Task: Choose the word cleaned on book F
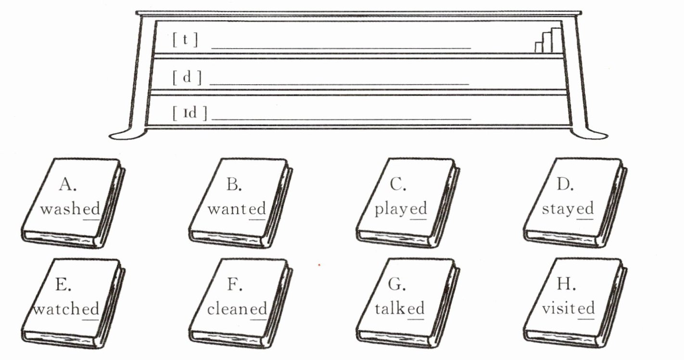237,309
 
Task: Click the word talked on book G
400,309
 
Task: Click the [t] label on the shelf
185,39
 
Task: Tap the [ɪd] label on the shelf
190,114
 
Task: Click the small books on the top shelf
548,40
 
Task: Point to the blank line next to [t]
341,48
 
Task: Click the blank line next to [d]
339,84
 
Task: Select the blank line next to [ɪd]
341,119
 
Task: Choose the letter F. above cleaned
234,284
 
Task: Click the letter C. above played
399,184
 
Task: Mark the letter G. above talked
397,284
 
